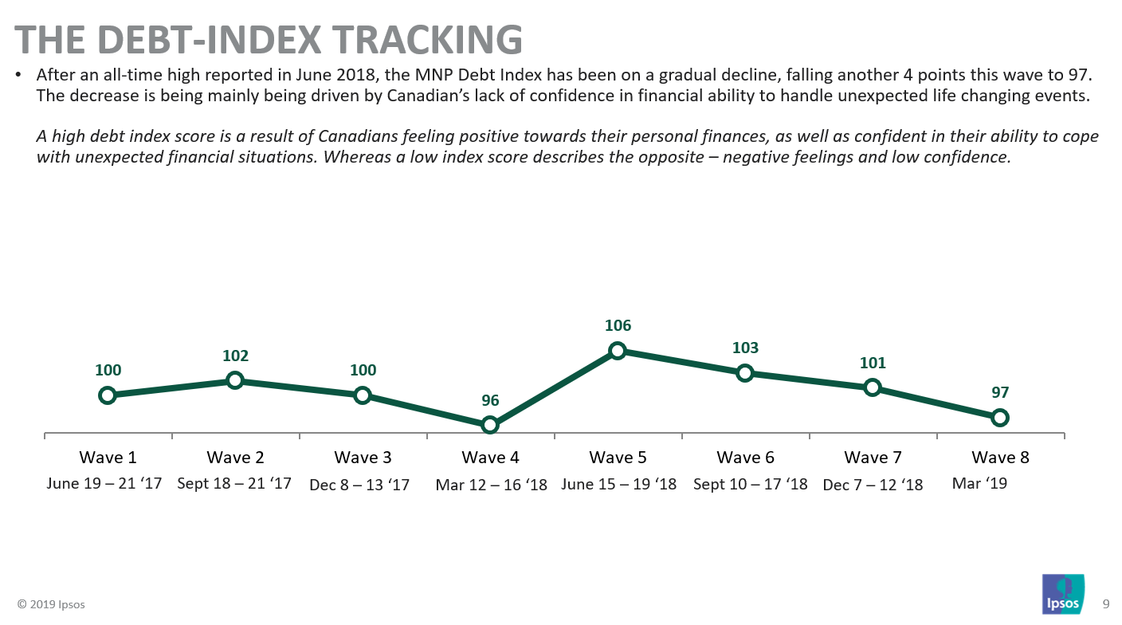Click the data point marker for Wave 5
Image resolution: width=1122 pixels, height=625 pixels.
pyautogui.click(x=618, y=351)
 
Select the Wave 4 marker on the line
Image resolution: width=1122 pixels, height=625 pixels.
pyautogui.click(x=490, y=425)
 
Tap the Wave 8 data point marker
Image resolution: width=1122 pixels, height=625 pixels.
pyautogui.click(x=1000, y=417)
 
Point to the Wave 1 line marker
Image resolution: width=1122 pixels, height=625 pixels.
pyautogui.click(x=108, y=395)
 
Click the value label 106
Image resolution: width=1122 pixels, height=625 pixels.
pyautogui.click(x=618, y=326)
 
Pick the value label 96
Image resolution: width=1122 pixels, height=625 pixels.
pyautogui.click(x=490, y=400)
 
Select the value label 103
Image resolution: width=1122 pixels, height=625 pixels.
pyautogui.click(x=745, y=348)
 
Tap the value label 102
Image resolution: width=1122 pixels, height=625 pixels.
pyautogui.click(x=235, y=356)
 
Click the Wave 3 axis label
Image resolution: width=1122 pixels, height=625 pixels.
pyautogui.click(x=363, y=458)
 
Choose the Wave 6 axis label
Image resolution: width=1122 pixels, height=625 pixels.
pyautogui.click(x=745, y=458)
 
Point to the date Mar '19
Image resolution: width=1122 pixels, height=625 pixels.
pyautogui.click(x=979, y=483)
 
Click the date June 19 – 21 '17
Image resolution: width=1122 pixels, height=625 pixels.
pyautogui.click(x=104, y=483)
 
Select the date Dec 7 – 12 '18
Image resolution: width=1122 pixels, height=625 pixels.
pyautogui.click(x=873, y=484)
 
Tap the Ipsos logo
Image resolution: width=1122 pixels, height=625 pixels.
pyautogui.click(x=1063, y=594)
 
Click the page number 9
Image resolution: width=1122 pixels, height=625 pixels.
pyautogui.click(x=1105, y=603)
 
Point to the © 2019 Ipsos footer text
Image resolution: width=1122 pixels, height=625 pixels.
pyautogui.click(x=51, y=604)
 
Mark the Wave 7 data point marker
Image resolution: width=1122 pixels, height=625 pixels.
pyautogui.click(x=873, y=387)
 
